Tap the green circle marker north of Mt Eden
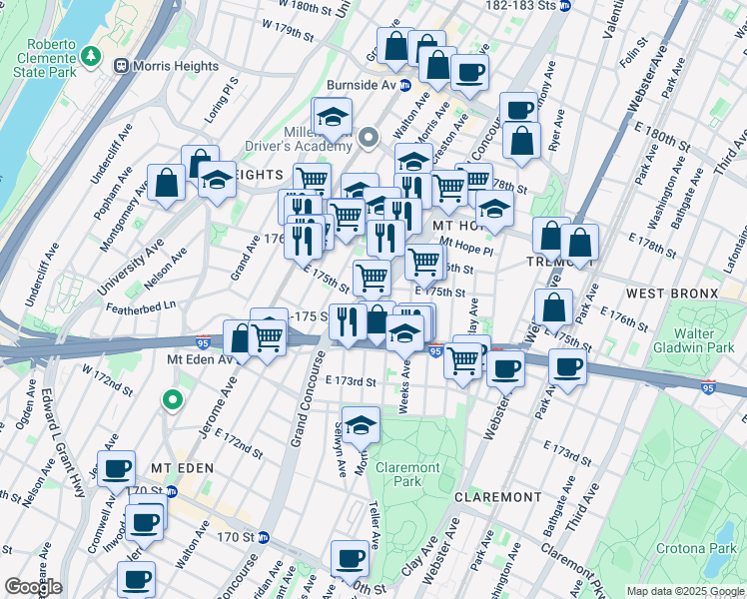[x=172, y=401]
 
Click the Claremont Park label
[x=408, y=474]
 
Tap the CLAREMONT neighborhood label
[x=497, y=497]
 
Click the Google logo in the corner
[x=33, y=587]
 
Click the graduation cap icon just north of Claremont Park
[x=361, y=423]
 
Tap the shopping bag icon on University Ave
[x=166, y=183]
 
